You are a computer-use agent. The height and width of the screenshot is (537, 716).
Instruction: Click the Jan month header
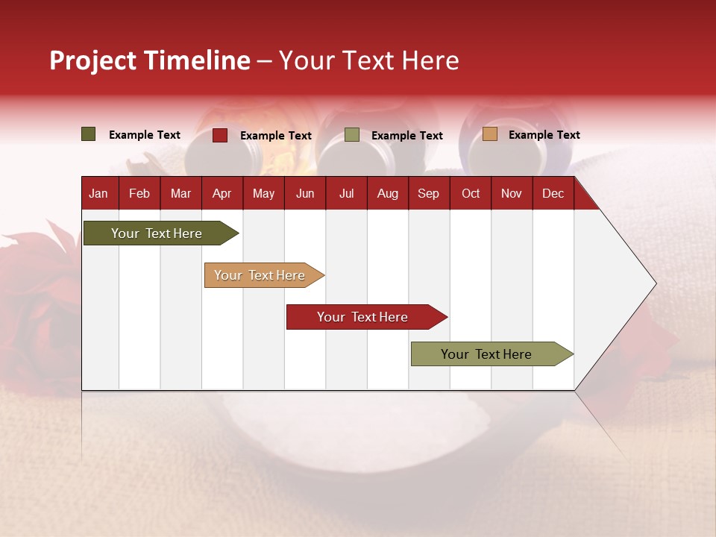point(98,193)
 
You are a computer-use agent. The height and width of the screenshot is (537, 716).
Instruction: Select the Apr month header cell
point(222,193)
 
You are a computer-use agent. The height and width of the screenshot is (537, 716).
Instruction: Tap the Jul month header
point(346,193)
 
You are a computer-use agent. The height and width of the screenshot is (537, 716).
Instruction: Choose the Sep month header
point(428,193)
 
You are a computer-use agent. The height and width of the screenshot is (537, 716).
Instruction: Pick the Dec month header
point(553,193)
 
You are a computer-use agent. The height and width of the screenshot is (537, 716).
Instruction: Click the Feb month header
point(139,193)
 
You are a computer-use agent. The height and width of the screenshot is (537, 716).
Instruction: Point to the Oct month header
point(471,193)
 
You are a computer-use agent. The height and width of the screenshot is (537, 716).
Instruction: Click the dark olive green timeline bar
point(157,233)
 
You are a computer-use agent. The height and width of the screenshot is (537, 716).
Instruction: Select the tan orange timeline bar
point(260,275)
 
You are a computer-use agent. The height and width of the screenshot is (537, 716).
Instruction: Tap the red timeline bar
point(362,317)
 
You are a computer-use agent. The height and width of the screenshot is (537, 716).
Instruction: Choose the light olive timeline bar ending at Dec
point(486,354)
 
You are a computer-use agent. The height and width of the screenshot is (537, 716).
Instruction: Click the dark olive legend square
point(89,134)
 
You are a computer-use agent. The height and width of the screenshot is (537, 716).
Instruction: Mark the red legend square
point(220,135)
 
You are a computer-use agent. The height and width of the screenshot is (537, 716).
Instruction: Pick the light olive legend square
point(352,135)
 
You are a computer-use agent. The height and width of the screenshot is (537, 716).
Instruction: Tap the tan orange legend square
point(490,134)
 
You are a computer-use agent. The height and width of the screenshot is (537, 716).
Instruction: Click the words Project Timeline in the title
point(150,60)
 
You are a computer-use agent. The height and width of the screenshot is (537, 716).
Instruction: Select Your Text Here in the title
point(368,60)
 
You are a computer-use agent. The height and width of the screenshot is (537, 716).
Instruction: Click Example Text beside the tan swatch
point(544,135)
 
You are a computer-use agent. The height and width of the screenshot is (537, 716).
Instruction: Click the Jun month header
point(305,193)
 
